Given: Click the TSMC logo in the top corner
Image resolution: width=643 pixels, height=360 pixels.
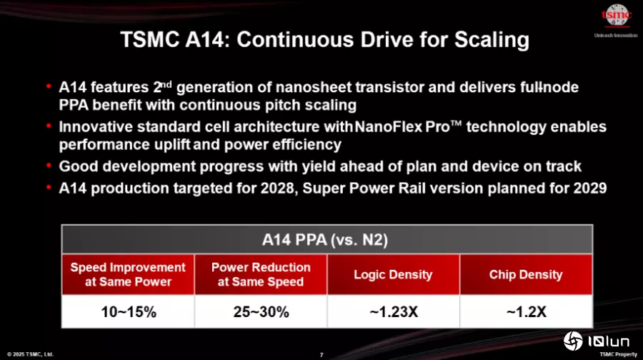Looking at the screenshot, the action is click(616, 16).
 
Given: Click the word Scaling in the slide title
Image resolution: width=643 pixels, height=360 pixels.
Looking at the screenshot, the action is click(492, 40).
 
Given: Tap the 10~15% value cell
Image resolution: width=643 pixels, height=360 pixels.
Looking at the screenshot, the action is click(128, 311).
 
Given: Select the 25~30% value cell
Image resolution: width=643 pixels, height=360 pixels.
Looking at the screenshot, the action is click(261, 311).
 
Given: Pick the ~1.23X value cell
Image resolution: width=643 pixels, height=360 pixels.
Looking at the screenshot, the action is click(394, 311).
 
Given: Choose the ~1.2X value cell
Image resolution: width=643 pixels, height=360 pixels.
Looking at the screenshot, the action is click(527, 311).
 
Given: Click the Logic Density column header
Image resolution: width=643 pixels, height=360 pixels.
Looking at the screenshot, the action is click(393, 274).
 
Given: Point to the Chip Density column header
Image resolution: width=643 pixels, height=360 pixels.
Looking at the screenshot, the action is click(526, 274).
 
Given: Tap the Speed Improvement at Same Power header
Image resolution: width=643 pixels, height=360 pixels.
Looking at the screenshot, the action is click(128, 274).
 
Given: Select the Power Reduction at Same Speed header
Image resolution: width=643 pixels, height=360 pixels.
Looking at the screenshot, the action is click(261, 274).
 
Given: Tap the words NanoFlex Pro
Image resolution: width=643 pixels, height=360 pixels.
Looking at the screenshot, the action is click(402, 126).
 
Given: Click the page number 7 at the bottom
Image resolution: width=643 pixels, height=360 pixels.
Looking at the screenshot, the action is click(321, 355).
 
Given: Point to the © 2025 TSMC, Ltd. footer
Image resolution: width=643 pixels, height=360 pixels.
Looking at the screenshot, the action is click(30, 354).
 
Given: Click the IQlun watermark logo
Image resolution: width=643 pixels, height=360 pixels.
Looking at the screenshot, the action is click(597, 341).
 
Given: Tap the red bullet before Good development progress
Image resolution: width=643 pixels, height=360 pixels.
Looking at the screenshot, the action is click(49, 166).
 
